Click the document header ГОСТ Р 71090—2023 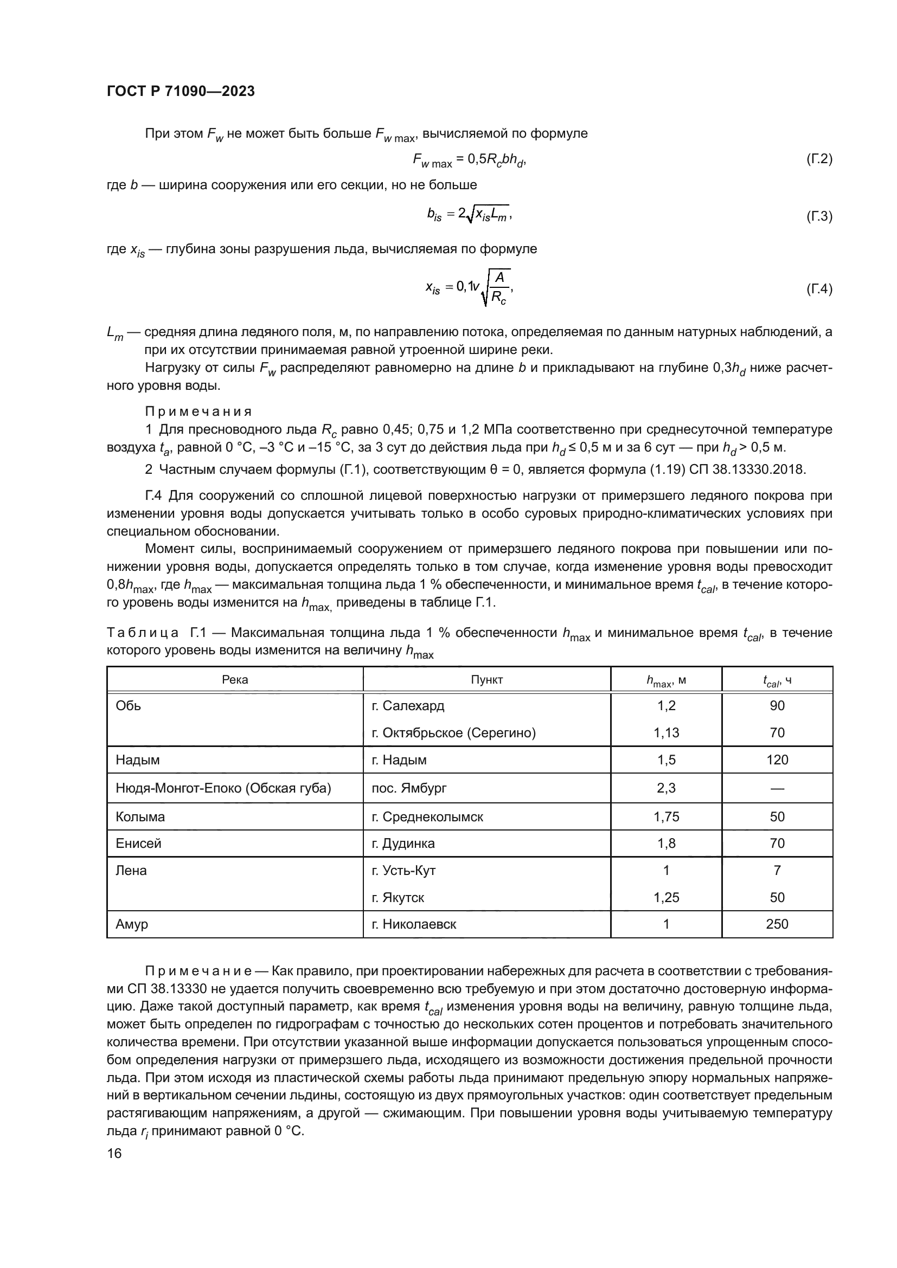[x=181, y=91]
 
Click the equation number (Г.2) [x=818, y=159]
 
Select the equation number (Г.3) [x=818, y=216]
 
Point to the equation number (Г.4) [x=818, y=289]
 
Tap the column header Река [x=235, y=679]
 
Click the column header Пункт [x=486, y=679]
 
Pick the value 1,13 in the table [x=666, y=733]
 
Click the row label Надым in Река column [x=138, y=760]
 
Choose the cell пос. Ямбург [x=409, y=788]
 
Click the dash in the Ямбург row [x=777, y=789]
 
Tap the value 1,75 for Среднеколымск [x=666, y=817]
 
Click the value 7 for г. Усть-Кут [x=777, y=871]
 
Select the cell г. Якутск [x=398, y=897]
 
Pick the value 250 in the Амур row [x=777, y=924]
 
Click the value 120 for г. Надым [x=777, y=760]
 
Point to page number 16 [x=114, y=1153]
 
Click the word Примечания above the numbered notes [x=198, y=411]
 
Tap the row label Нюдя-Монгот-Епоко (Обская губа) [x=223, y=788]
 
